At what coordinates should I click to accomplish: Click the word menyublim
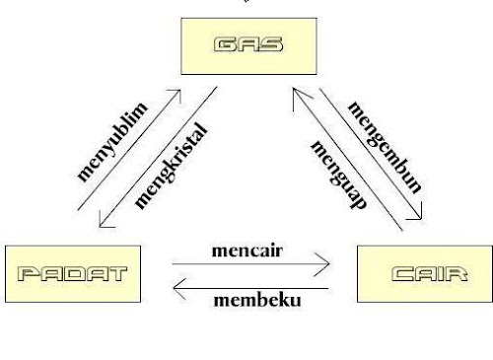pyautogui.click(x=112, y=138)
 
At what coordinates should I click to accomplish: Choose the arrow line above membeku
pyautogui.click(x=251, y=287)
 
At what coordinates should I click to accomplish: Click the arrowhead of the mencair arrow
pyautogui.click(x=323, y=264)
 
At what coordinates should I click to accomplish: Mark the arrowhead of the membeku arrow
pyautogui.click(x=177, y=287)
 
